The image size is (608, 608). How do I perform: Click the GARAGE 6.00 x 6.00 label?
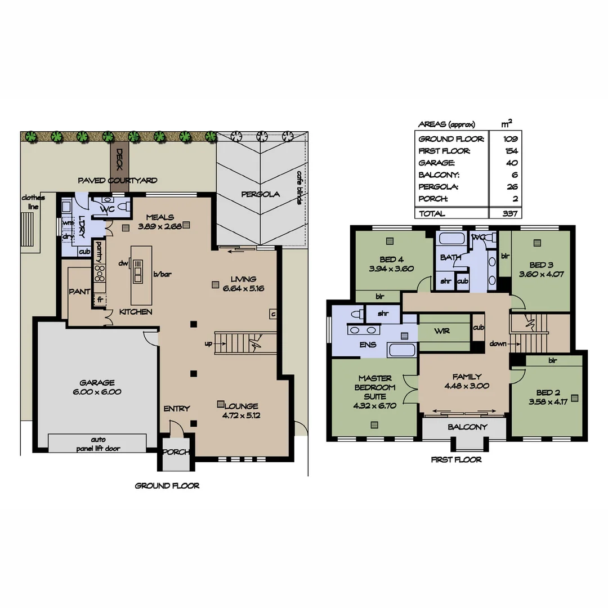(x=97, y=387)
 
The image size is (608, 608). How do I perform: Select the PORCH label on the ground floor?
(x=176, y=452)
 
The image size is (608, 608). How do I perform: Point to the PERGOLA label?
(x=260, y=194)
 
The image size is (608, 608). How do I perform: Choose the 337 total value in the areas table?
(x=504, y=213)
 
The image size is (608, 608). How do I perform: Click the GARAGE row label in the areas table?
(x=437, y=163)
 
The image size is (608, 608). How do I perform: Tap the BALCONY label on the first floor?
(x=467, y=427)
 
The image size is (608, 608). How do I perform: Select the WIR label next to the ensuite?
(x=442, y=332)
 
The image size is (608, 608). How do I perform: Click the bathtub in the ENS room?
(x=402, y=349)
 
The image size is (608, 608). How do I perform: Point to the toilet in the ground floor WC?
(x=122, y=207)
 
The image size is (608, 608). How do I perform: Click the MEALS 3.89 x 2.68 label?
(x=159, y=222)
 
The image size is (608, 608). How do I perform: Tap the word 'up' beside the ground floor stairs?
(x=208, y=343)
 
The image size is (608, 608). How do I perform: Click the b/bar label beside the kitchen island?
(x=162, y=274)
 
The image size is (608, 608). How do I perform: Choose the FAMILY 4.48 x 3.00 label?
(x=466, y=382)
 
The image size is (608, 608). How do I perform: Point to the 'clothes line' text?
(x=33, y=202)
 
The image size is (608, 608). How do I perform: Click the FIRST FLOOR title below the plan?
(x=456, y=459)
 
